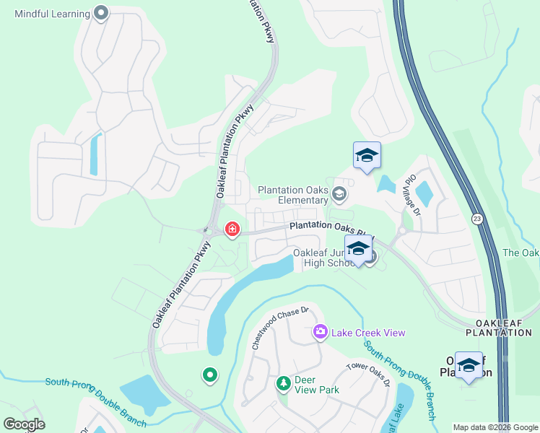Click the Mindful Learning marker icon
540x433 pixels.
[x=102, y=13]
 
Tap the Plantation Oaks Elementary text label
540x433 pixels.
[x=294, y=195]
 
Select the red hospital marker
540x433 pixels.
[x=232, y=229]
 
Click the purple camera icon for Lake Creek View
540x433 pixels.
[x=320, y=332]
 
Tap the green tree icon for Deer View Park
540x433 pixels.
[x=284, y=382]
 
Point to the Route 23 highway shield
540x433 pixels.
[x=477, y=219]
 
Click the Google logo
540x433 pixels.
[x=24, y=424]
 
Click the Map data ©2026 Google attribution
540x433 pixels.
[x=495, y=427]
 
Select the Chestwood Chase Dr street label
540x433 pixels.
[x=279, y=329]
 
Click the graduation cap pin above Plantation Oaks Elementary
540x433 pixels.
[x=367, y=156]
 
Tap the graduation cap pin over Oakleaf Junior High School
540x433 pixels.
[x=358, y=249]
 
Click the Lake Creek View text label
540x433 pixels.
[x=368, y=333]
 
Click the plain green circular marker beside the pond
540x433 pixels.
[x=210, y=375]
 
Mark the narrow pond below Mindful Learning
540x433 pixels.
[x=94, y=155]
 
